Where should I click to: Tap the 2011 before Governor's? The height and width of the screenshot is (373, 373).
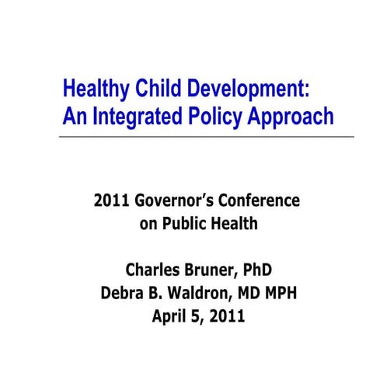pos(111,201)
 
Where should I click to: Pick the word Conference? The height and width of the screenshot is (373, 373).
pos(260,201)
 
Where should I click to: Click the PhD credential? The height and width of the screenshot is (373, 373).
pos(258,271)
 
